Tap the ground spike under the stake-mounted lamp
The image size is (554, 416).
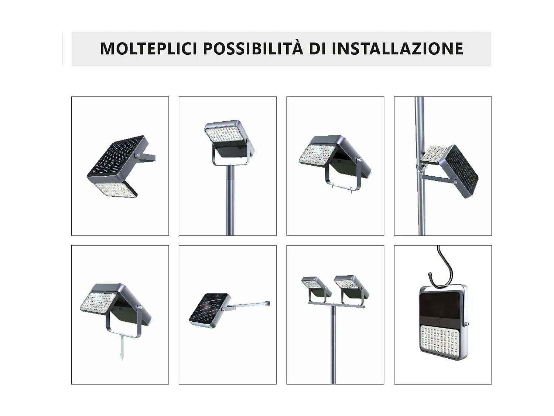tap(121, 348)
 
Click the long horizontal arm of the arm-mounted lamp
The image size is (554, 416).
tap(249, 305)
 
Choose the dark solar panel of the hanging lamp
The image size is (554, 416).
tap(442, 302)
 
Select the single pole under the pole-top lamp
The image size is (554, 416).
tap(230, 200)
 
